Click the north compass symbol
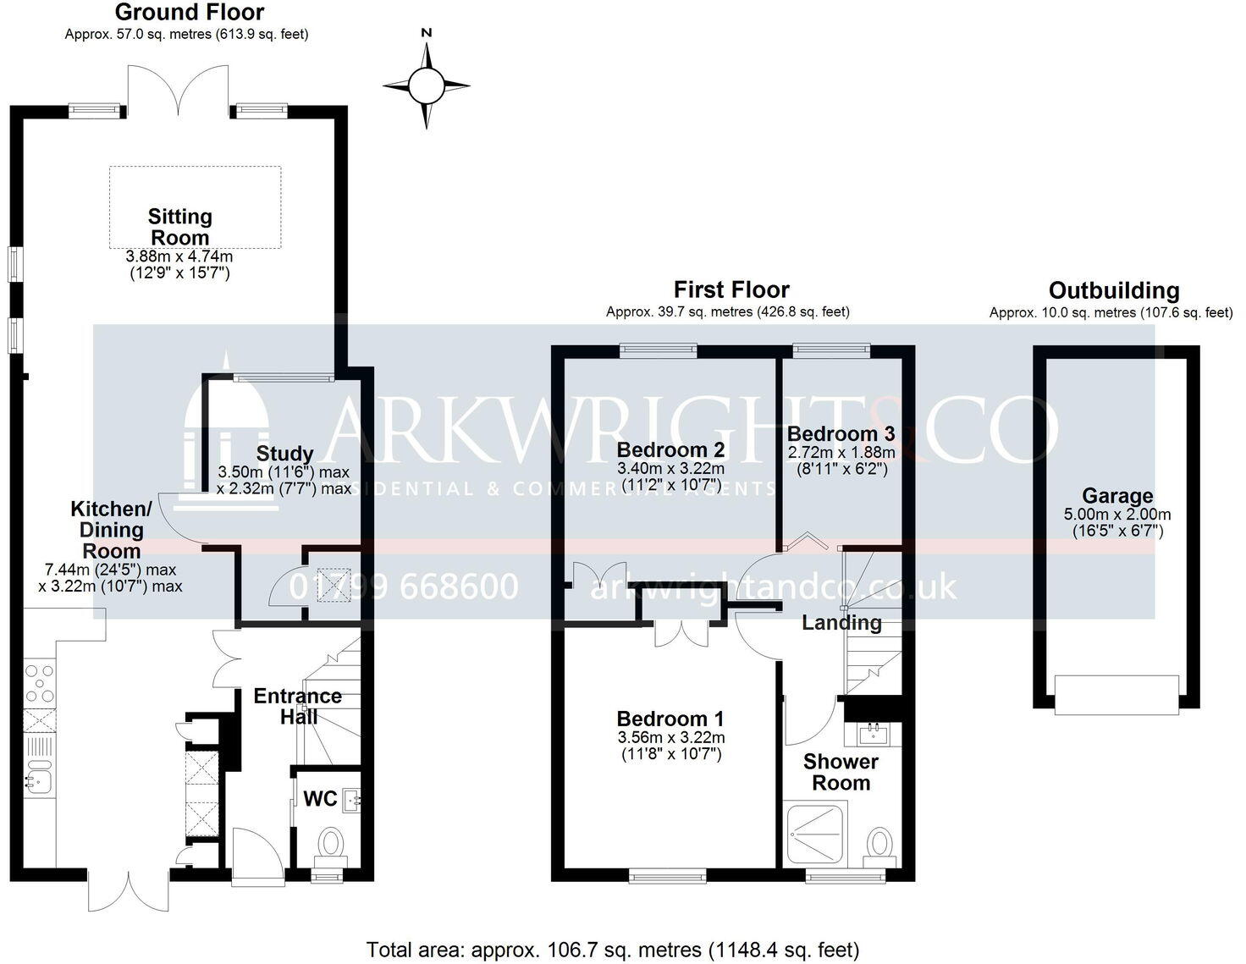point(426,85)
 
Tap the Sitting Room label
point(179,227)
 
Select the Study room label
point(285,454)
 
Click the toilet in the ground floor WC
point(331,843)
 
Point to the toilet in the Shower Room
point(881,844)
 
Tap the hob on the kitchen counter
point(39,682)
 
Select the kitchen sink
point(39,779)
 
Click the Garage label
point(1117,496)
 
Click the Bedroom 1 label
point(670,719)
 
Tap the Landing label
point(841,623)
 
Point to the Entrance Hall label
point(298,706)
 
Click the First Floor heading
point(731,290)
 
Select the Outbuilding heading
point(1114,290)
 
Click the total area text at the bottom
point(613,949)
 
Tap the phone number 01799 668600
point(405,587)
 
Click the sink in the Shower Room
point(872,730)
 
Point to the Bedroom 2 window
point(658,348)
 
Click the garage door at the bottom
point(1116,693)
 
